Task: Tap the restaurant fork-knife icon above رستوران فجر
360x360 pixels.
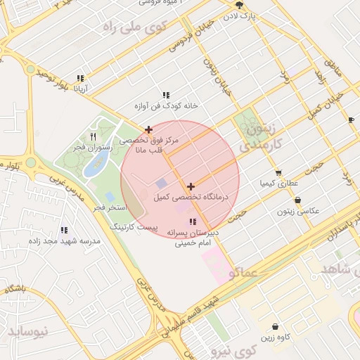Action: point(93,136)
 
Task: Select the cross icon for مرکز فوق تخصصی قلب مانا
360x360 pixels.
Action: point(148,129)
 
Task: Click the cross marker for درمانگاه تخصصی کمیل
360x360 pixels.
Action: point(191,186)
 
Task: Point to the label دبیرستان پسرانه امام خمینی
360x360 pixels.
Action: point(193,237)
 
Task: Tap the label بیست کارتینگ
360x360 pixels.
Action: point(137,228)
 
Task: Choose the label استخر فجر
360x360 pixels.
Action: point(109,207)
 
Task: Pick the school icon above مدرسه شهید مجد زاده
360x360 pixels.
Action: point(65,230)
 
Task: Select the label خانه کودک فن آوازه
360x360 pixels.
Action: point(172,105)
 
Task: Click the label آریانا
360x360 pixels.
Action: point(77,89)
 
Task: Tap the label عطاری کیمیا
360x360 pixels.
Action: point(279,183)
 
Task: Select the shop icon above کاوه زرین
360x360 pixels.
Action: point(274,327)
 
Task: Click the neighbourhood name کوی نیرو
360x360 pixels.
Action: point(235,350)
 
